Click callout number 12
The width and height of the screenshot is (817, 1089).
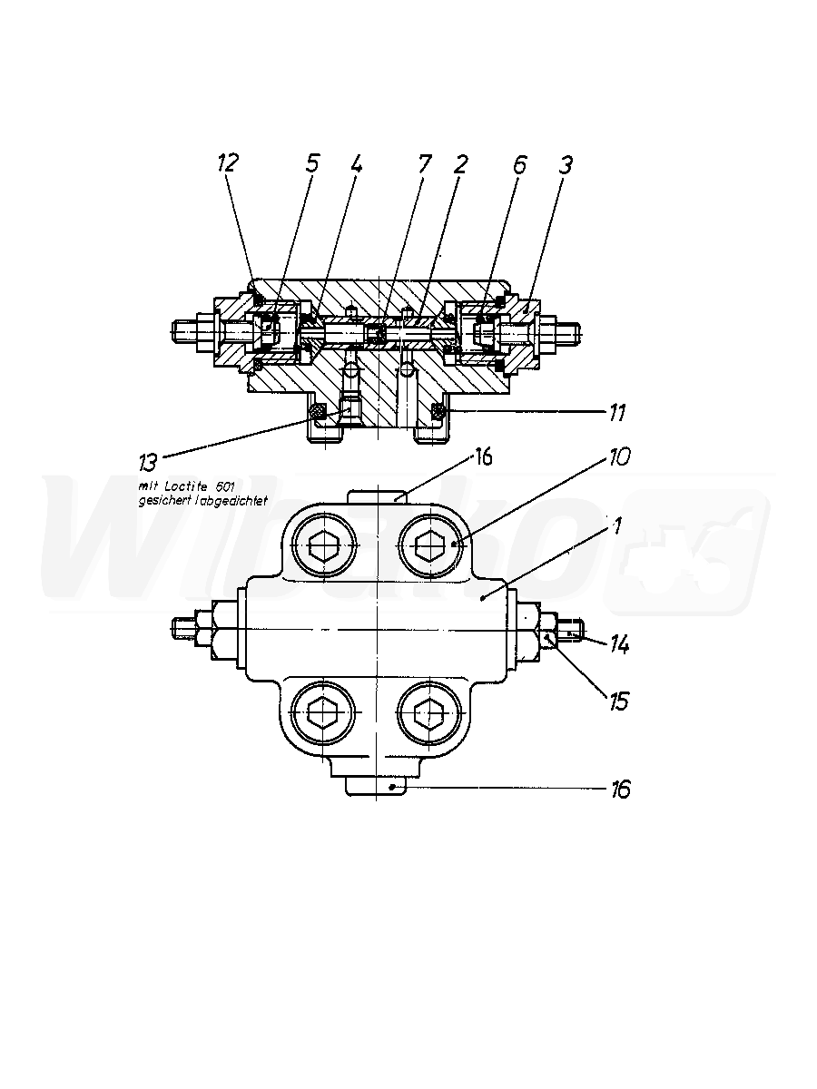click(x=228, y=162)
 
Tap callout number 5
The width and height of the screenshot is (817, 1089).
click(x=312, y=162)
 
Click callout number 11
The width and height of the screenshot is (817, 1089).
click(x=617, y=413)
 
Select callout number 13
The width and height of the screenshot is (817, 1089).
click(x=148, y=462)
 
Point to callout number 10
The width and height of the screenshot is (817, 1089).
click(x=619, y=456)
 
